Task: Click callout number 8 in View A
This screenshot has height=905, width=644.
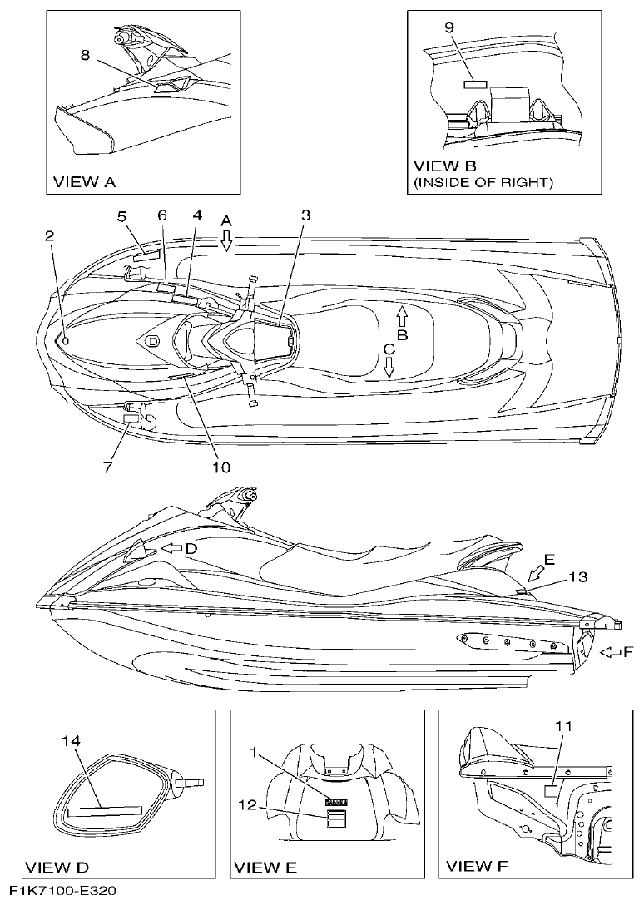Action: [85, 55]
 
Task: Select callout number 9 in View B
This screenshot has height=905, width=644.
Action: [448, 28]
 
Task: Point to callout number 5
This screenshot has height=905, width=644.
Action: [121, 217]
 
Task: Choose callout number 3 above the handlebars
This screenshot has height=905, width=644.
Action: [305, 215]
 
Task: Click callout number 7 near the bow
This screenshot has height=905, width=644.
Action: [107, 468]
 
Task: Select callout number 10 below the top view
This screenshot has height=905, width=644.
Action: [220, 467]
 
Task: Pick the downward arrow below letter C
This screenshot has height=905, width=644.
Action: [389, 368]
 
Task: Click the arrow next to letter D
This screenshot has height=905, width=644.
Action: [171, 549]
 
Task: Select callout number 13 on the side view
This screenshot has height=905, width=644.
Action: [578, 576]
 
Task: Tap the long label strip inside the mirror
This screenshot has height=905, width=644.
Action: [104, 809]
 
